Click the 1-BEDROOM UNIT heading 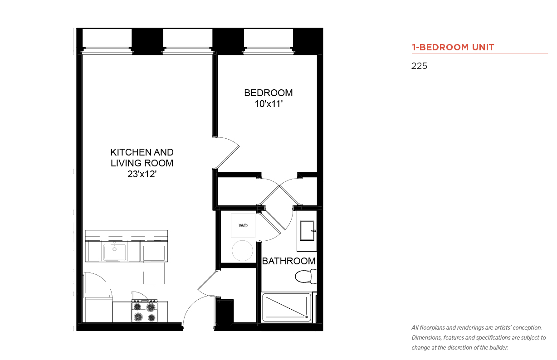453,47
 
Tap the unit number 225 419,66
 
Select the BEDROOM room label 269,93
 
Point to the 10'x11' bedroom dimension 269,104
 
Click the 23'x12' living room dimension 142,174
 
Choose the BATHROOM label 288,261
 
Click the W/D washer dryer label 243,225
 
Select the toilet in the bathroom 306,277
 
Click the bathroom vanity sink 308,231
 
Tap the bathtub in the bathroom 287,307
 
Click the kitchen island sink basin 114,253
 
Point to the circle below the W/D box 243,251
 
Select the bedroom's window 269,50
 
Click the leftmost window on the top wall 107,50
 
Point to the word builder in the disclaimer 498,348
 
